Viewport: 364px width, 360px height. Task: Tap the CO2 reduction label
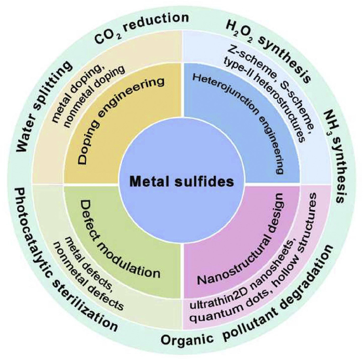pos(141,29)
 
